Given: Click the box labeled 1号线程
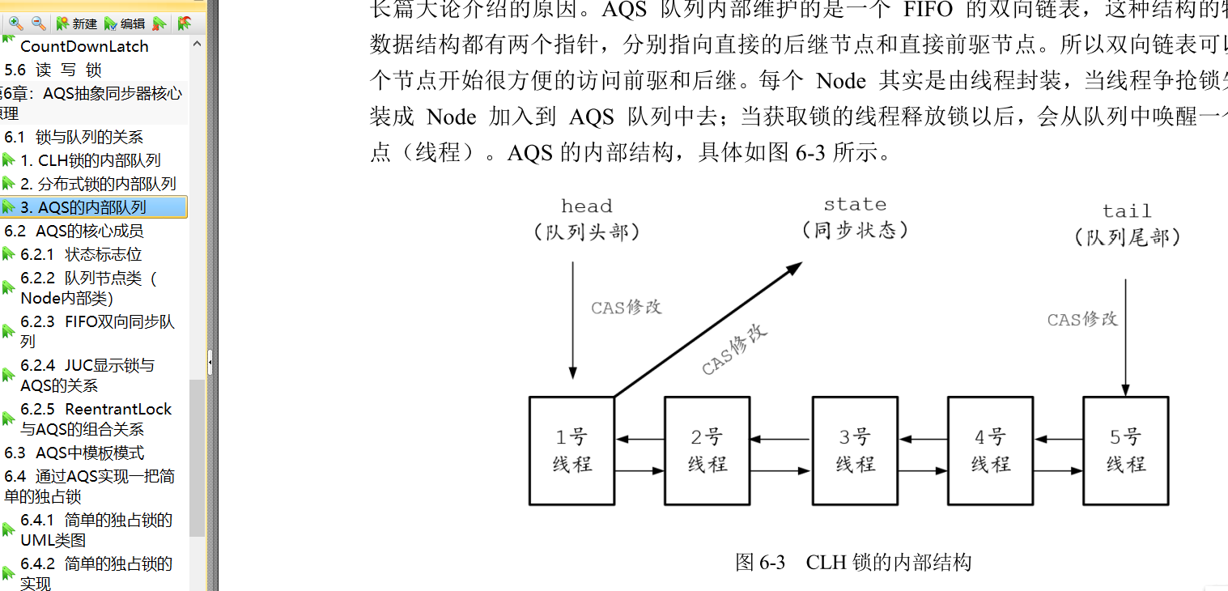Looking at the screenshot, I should (x=572, y=450).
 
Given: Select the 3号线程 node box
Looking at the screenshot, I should (x=855, y=450).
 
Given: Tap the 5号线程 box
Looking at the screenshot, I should (x=1125, y=450).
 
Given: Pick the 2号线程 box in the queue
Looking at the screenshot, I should (x=707, y=450).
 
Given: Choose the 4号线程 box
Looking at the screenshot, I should (x=991, y=450).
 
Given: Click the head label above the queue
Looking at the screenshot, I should (x=587, y=206).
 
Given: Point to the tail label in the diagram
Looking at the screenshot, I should (x=1127, y=211).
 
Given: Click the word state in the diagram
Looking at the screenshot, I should (x=855, y=205).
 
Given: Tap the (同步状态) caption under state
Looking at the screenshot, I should (x=855, y=231).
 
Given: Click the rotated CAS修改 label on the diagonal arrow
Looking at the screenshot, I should (x=734, y=350).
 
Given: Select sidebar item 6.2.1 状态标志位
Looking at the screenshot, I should (x=81, y=254).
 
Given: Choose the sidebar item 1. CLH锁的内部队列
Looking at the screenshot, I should (x=91, y=160).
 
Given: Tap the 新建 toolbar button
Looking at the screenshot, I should (x=77, y=23).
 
